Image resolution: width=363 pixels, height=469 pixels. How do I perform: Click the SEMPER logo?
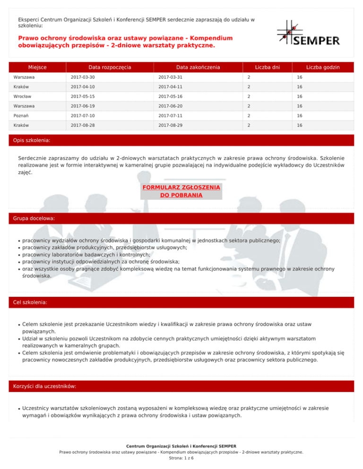pos(308,33)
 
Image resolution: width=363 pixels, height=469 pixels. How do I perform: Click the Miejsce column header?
pos(37,67)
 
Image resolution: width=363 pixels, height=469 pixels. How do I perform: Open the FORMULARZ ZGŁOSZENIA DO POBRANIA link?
pos(181,191)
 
